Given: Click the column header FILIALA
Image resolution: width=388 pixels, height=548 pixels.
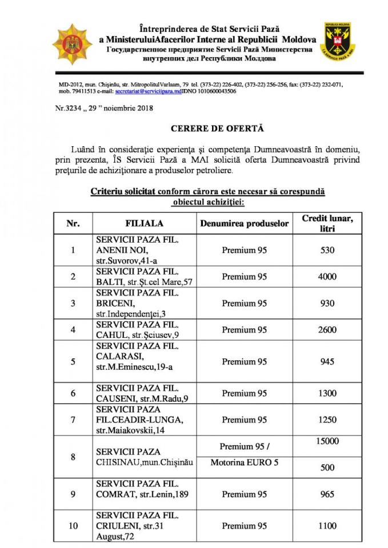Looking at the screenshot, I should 145,223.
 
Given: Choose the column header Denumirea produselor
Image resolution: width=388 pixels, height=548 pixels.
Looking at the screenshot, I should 245,223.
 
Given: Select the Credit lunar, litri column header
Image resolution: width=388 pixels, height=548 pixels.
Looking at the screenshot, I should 327,223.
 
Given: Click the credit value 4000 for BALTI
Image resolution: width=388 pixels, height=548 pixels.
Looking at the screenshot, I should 327,277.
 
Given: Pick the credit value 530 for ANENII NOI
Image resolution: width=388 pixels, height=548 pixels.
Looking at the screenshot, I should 327,250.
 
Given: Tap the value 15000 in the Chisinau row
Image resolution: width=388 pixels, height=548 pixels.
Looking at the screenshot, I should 327,441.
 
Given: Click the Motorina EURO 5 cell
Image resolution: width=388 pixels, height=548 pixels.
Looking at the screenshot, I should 245,462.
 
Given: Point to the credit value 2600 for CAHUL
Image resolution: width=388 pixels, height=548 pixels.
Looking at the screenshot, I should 327,330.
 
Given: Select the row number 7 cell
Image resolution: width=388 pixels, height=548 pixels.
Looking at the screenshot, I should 73,420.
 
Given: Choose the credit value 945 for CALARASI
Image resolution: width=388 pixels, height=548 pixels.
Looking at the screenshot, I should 327,362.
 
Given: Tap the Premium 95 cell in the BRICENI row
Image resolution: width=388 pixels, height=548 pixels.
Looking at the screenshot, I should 245,303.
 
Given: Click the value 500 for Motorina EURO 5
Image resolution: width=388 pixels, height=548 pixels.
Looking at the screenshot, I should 327,468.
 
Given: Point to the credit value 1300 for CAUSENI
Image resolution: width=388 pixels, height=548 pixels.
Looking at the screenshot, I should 327,393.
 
